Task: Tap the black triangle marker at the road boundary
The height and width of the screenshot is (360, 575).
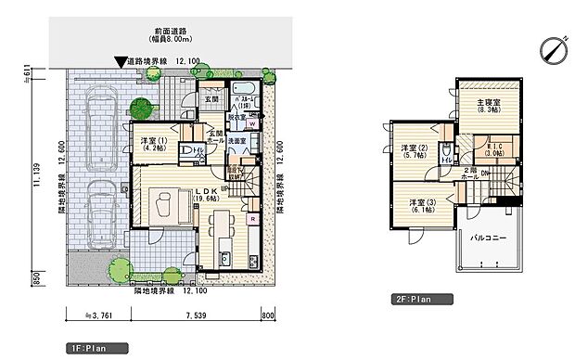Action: [119, 63]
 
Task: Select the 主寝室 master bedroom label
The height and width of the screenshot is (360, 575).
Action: [489, 105]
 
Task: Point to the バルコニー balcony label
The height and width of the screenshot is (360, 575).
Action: [488, 238]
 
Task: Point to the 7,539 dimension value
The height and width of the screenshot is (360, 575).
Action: [196, 315]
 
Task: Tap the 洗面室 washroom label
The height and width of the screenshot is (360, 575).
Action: [238, 141]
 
